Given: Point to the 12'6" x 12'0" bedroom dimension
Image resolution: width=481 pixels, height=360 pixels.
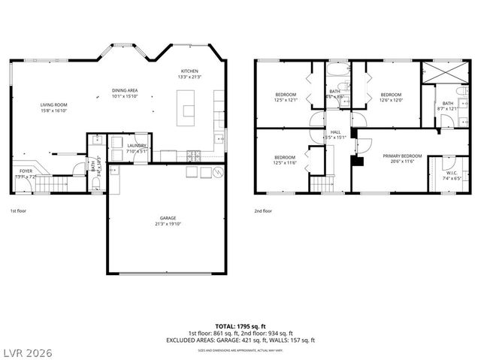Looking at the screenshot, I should [392, 101].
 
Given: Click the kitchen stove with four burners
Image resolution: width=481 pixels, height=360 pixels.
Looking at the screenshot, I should [193, 156].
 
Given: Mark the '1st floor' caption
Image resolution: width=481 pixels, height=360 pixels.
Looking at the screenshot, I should [19, 211].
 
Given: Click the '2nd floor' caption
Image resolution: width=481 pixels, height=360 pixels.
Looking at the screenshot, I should [263, 211].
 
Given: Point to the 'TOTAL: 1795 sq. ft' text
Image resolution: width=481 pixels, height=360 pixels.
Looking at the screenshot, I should [240, 328].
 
